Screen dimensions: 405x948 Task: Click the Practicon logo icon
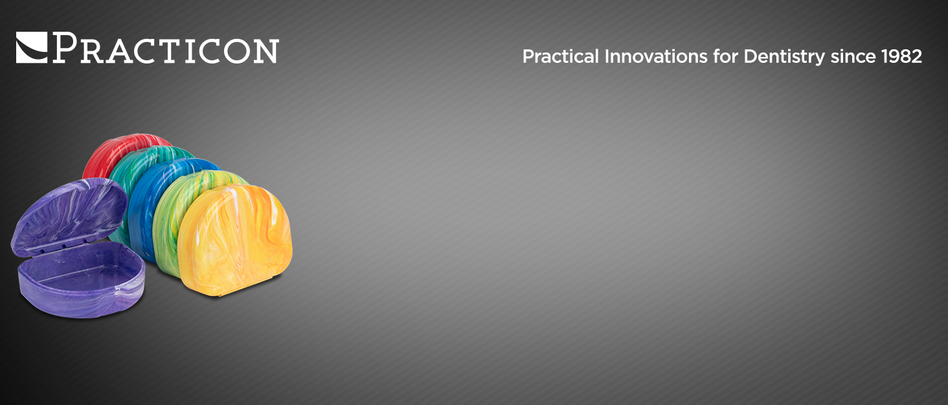point(32,48)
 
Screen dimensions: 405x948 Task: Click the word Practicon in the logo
point(166,49)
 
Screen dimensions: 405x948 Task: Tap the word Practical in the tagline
point(561,56)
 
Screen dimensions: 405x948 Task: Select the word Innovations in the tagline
point(655,56)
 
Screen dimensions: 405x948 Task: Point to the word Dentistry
point(784,57)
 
